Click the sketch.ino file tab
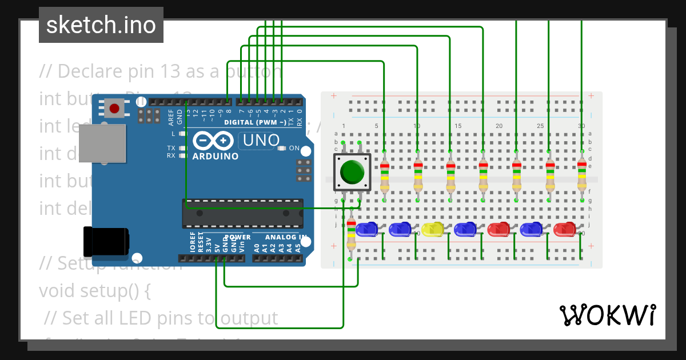101,25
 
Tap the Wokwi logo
607,315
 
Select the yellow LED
433,230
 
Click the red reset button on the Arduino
114,108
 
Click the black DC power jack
106,242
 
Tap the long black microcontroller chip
243,213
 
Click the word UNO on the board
261,140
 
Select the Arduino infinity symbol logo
213,141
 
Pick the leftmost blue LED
366,230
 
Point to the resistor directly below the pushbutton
351,234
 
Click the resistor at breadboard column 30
581,175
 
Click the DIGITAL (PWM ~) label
255,122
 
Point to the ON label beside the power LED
294,148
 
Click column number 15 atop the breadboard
457,126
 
